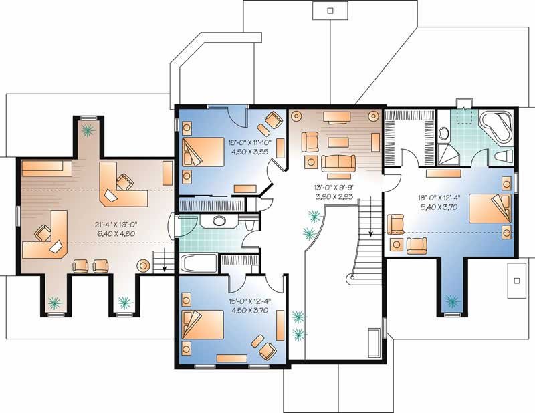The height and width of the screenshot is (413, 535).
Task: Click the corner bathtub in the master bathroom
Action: point(496,126)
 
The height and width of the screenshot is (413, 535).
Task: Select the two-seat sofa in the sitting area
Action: point(338,162)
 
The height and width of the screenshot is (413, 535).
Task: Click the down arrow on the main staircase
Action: point(370,234)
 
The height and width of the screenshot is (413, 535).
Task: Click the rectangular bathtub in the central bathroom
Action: point(199,263)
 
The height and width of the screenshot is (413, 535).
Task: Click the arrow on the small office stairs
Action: point(163,267)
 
